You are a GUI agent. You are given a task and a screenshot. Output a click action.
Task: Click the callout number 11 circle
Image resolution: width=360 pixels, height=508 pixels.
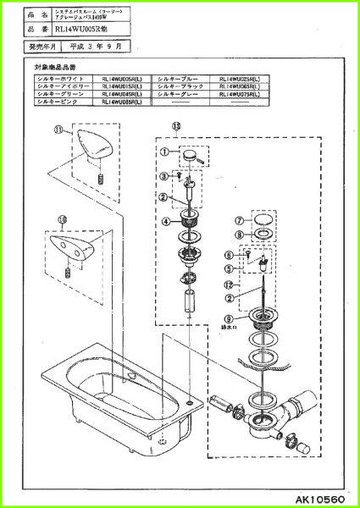[x=58, y=130]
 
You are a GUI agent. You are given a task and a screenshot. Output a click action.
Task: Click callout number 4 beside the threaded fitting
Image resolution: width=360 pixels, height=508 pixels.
[x=167, y=222]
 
